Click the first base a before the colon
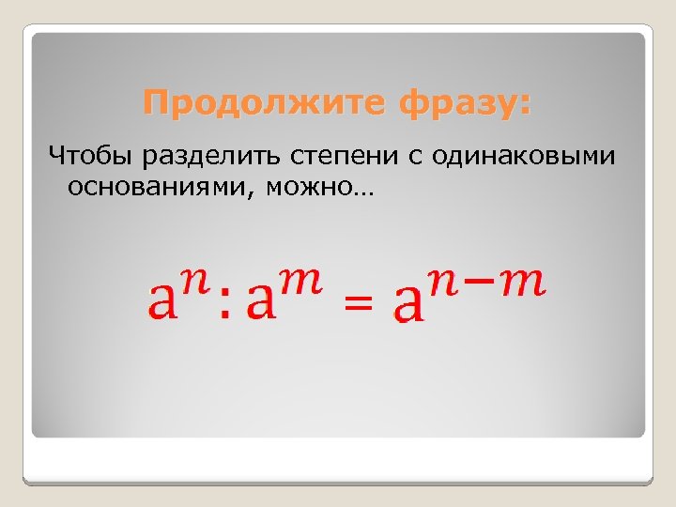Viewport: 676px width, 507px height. [x=164, y=301]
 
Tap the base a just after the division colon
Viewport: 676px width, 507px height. [x=259, y=301]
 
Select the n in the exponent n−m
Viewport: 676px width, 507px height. [x=448, y=283]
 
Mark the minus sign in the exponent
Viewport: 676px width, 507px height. [x=484, y=282]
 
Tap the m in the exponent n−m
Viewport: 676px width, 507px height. [x=521, y=283]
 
